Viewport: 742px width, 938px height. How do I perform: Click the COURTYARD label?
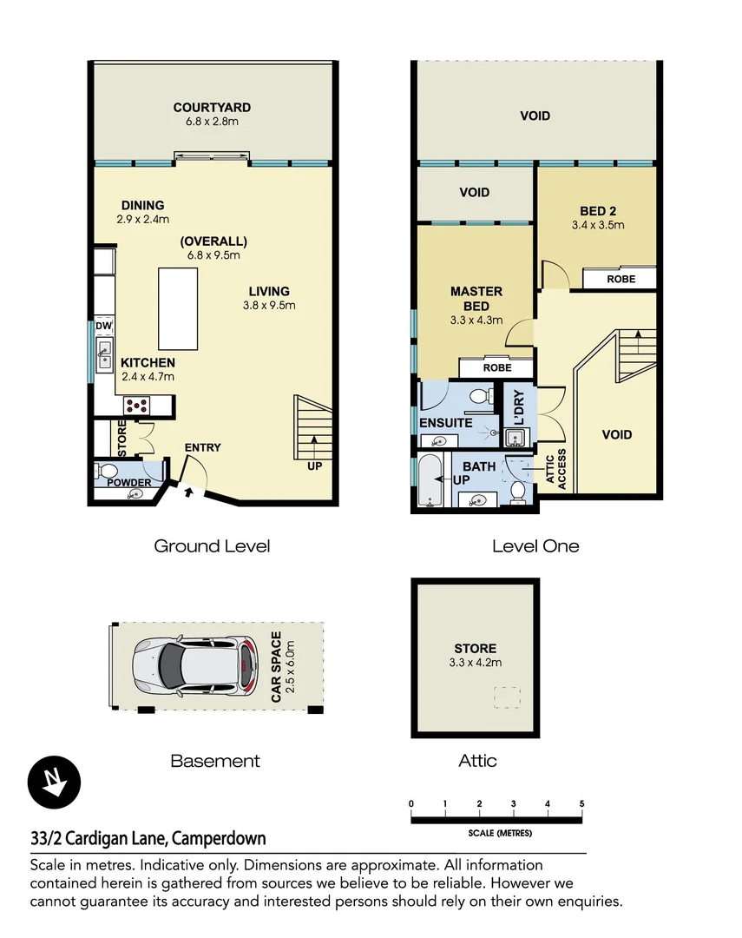pyautogui.click(x=212, y=108)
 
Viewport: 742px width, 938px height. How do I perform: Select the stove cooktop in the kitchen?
pyautogui.click(x=137, y=405)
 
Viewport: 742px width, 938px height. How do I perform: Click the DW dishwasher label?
pyautogui.click(x=103, y=327)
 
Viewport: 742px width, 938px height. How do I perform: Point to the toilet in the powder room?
pyautogui.click(x=107, y=472)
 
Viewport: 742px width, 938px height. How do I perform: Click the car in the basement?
pyautogui.click(x=196, y=667)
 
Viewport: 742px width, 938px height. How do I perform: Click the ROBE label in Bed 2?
pyautogui.click(x=621, y=279)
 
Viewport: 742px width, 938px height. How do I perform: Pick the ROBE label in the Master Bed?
pyautogui.click(x=497, y=367)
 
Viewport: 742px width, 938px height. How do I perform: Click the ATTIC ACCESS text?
pyautogui.click(x=555, y=469)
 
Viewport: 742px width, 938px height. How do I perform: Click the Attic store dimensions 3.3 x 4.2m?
pyautogui.click(x=476, y=663)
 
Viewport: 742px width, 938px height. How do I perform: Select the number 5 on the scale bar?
pyautogui.click(x=581, y=803)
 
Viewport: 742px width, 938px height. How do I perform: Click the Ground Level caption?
pyautogui.click(x=212, y=546)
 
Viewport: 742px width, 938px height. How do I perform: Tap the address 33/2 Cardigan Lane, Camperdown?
pyautogui.click(x=148, y=838)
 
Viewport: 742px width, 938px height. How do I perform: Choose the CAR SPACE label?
pyautogui.click(x=277, y=667)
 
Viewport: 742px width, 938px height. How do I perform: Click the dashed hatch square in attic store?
pyautogui.click(x=507, y=697)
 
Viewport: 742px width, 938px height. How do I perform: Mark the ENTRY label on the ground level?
pyautogui.click(x=202, y=447)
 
